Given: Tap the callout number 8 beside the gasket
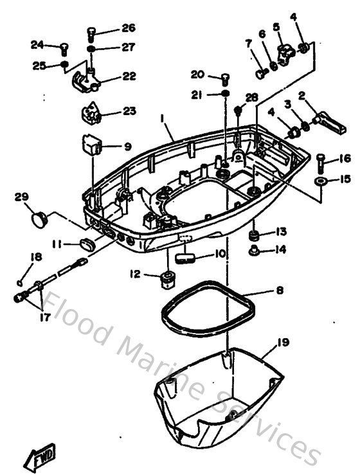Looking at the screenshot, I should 279,291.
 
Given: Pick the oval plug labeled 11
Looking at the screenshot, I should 86,243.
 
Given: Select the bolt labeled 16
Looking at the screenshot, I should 321,163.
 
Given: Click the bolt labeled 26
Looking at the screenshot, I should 91,32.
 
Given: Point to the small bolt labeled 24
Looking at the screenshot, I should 64,47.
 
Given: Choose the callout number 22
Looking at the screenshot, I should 129,76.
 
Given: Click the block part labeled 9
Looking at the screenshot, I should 89,145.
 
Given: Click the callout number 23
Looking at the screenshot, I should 129,111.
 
